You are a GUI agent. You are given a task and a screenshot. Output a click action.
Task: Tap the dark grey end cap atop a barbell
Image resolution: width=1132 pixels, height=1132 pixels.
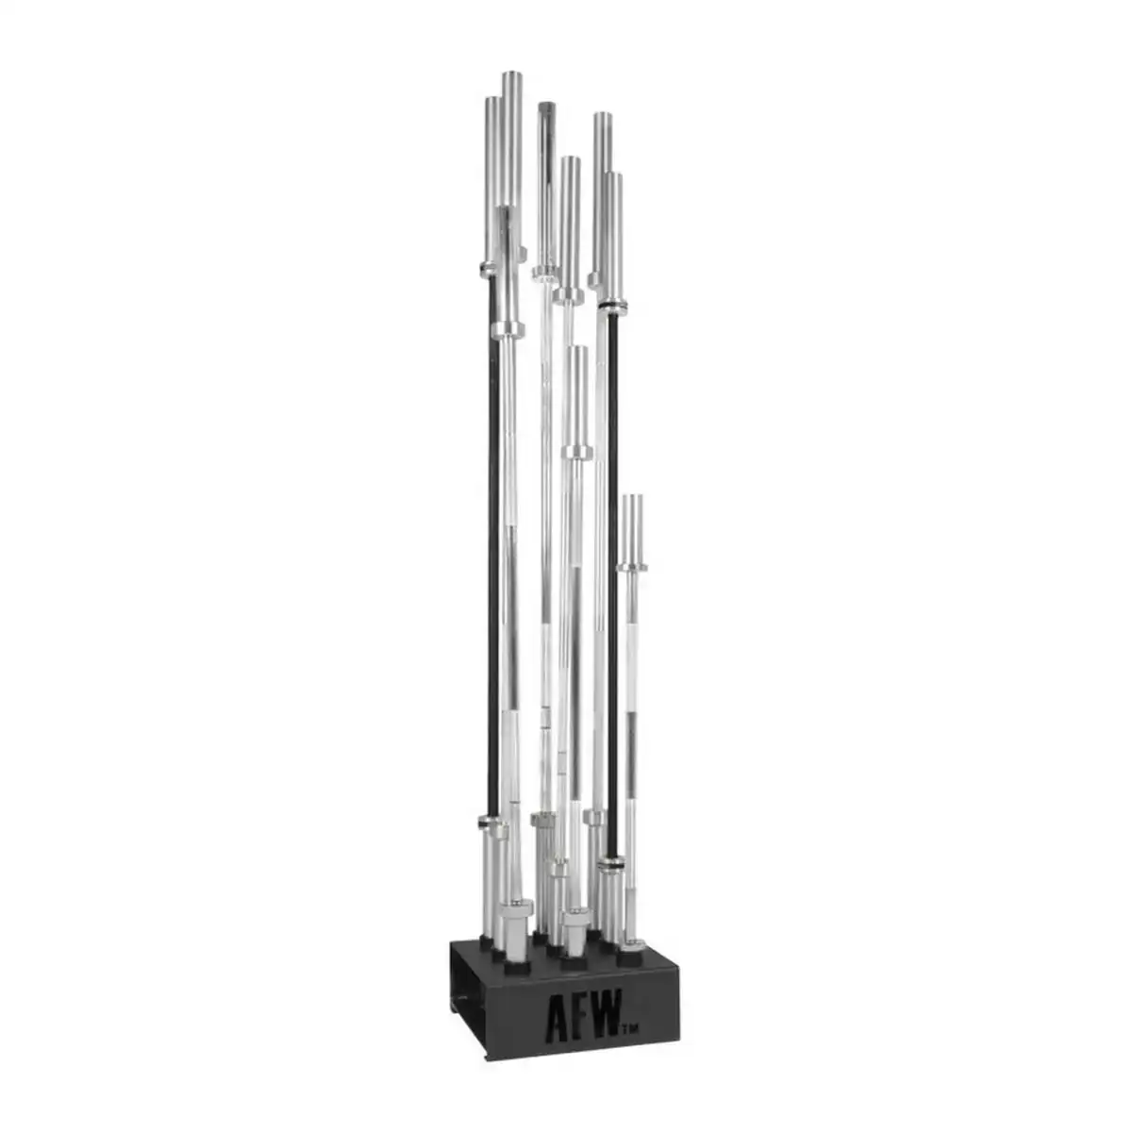click(x=546, y=108)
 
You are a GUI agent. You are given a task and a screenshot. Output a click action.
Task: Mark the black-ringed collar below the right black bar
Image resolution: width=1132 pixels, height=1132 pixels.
click(x=613, y=868)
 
